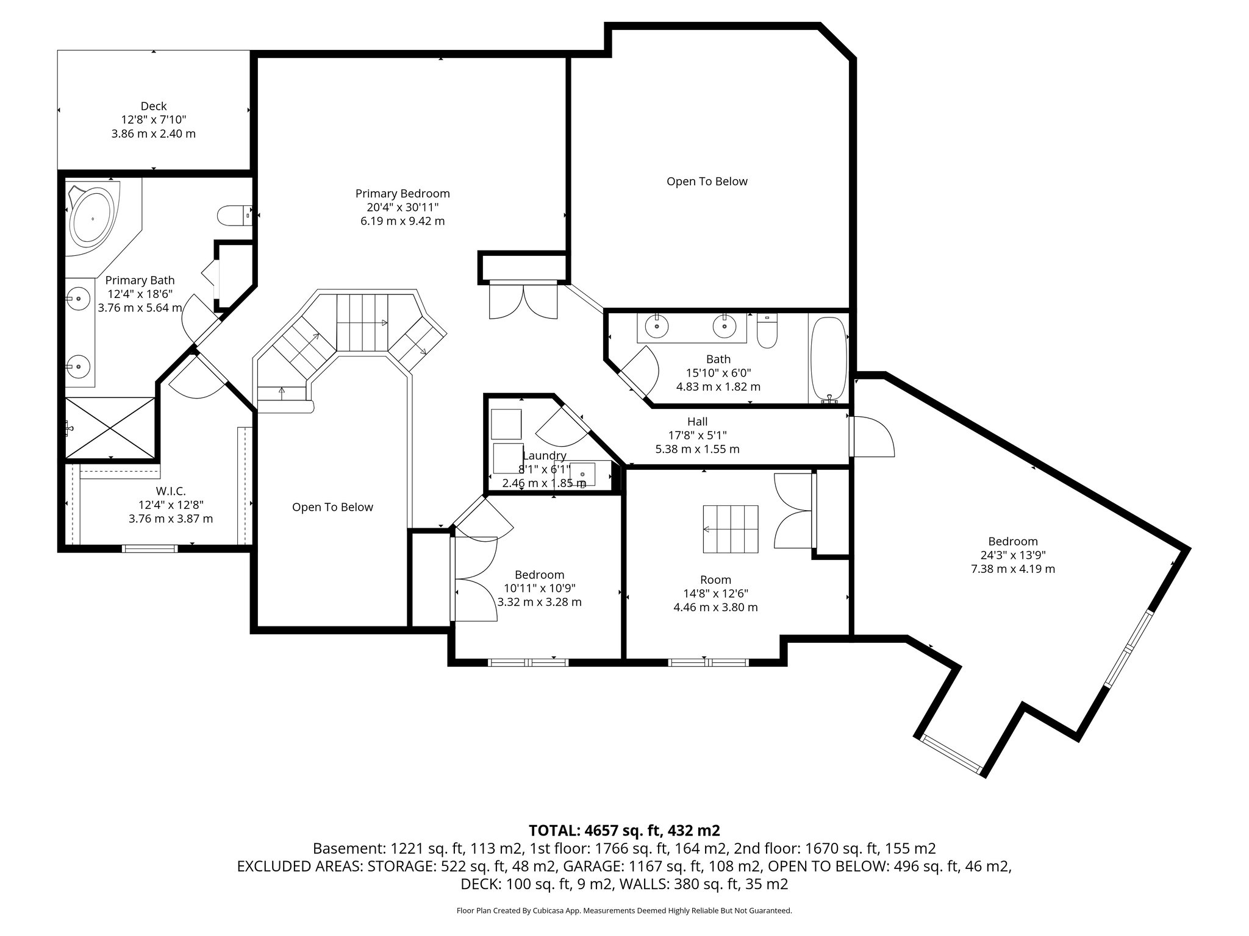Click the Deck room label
pos(153,107)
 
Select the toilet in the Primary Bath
pos(234,215)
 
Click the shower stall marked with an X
pos(110,427)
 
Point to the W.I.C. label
pos(170,491)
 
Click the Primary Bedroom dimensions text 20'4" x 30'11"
pos(402,207)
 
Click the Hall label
pos(697,422)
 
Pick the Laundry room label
pos(544,455)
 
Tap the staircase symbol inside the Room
pos(731,529)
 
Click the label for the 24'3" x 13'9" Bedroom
pos(1012,541)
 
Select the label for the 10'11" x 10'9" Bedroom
pos(539,575)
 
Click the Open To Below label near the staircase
pos(332,507)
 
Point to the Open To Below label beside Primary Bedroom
pos(706,181)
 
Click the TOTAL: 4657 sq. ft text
pos(624,831)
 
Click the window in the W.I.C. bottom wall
pos(150,548)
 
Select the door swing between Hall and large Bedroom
pos(872,436)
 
